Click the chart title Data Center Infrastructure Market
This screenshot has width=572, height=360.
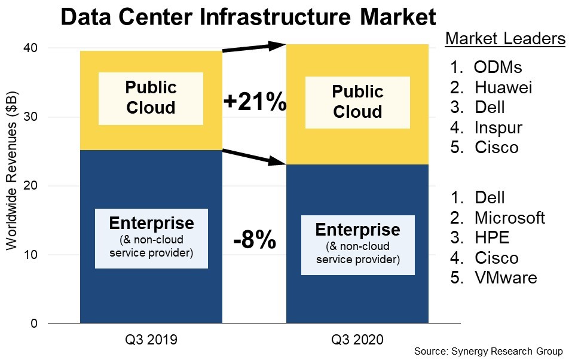(248, 17)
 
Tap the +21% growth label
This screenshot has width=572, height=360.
(255, 102)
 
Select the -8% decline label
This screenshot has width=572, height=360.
(255, 242)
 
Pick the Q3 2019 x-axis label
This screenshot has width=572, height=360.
(151, 340)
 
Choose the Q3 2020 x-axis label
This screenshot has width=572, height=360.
(357, 340)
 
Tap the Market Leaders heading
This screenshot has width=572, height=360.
(505, 39)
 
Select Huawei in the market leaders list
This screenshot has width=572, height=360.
(503, 87)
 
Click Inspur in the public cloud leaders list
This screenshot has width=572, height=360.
(498, 127)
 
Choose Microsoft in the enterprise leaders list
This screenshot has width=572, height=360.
(509, 217)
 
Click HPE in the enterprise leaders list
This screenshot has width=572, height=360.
(492, 237)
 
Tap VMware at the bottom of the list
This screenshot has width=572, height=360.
(506, 277)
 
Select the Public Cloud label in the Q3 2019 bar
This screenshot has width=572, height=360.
(151, 98)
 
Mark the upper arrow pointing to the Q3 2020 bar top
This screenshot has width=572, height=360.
(255, 48)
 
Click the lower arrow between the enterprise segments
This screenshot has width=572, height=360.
(255, 155)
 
